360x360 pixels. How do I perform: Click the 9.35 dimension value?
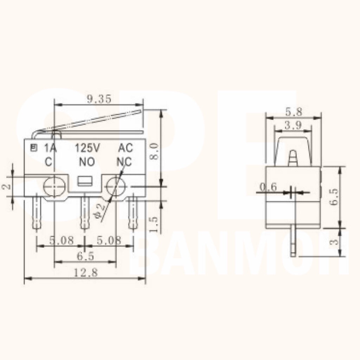pyautogui.click(x=99, y=99)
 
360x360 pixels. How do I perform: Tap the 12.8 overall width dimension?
pyautogui.click(x=85, y=272)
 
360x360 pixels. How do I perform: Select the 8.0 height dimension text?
pyautogui.click(x=154, y=151)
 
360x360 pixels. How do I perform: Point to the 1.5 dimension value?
pyautogui.click(x=154, y=224)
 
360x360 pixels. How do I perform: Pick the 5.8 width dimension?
pyautogui.click(x=294, y=112)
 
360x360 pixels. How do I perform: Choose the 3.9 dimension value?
pyautogui.click(x=293, y=125)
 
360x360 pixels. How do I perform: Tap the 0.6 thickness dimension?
pyautogui.click(x=268, y=187)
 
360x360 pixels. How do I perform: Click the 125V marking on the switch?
pyautogui.click(x=88, y=148)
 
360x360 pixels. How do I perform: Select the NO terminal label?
pyautogui.click(x=87, y=162)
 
